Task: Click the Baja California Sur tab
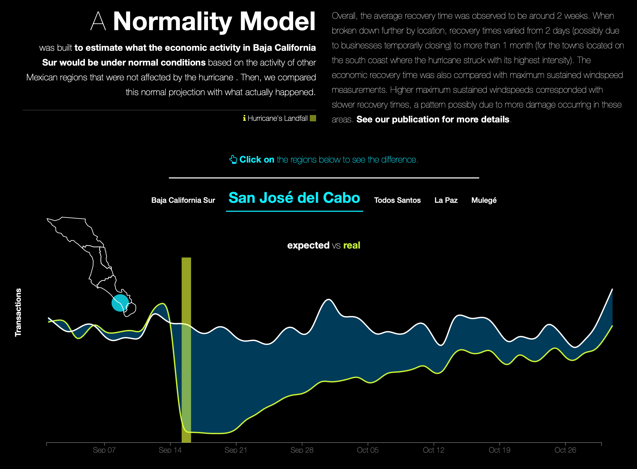183,200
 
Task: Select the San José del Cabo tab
294,198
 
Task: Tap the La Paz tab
446,200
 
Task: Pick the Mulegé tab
484,200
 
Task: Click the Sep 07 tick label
104,450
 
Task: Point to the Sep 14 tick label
170,450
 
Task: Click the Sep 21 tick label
236,450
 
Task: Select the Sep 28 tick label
302,450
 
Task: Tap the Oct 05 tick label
368,450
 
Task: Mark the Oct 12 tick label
433,450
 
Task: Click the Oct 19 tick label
499,450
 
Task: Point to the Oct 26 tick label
565,450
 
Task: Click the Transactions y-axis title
18,312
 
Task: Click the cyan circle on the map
120,303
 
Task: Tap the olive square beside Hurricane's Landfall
313,118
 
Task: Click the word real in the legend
352,245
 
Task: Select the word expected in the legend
308,245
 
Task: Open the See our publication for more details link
433,119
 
